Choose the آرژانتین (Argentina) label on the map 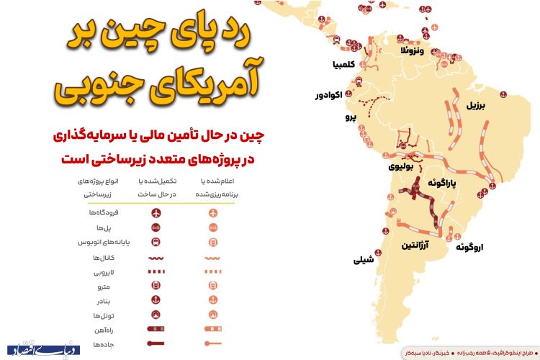(417, 246)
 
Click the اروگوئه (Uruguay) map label (469, 248)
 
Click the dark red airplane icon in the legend (156, 213)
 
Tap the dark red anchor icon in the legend (156, 300)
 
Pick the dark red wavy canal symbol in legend (156, 257)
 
